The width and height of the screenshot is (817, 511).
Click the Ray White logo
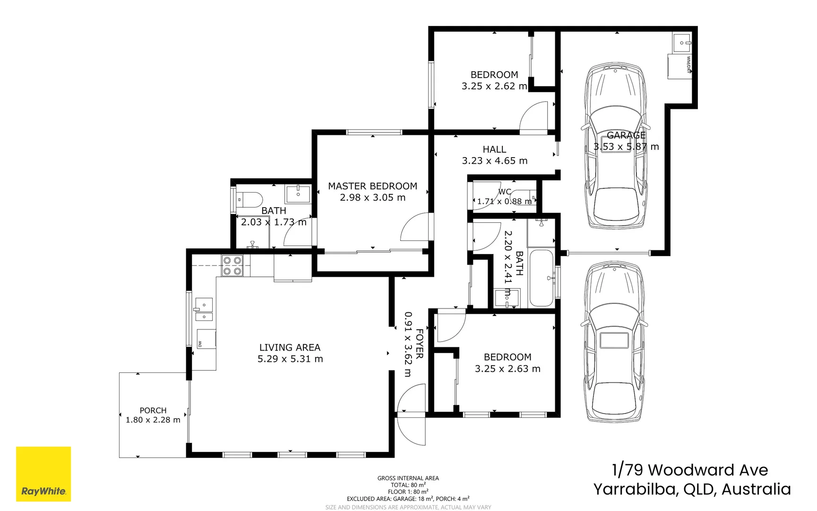coord(43,474)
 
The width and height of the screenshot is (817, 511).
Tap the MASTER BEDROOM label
coord(372,186)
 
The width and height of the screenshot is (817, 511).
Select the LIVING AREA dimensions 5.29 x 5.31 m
coord(290,359)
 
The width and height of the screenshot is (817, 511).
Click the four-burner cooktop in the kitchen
coord(232,265)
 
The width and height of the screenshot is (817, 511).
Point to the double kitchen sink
coord(204,310)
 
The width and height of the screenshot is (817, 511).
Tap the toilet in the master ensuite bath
coord(249,199)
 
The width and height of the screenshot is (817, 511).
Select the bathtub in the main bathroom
coord(541,278)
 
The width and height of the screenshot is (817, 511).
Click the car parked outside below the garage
coord(614,342)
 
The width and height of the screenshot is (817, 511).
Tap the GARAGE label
coord(626,135)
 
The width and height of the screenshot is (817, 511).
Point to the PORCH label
coord(153,410)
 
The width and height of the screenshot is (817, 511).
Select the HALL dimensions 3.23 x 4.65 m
coord(495,161)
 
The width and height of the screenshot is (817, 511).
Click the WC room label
coord(505,192)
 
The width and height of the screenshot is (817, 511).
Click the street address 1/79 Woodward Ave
coord(690,470)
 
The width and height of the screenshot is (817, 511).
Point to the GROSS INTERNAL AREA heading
coord(408,478)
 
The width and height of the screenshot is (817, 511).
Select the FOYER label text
coord(420,344)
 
